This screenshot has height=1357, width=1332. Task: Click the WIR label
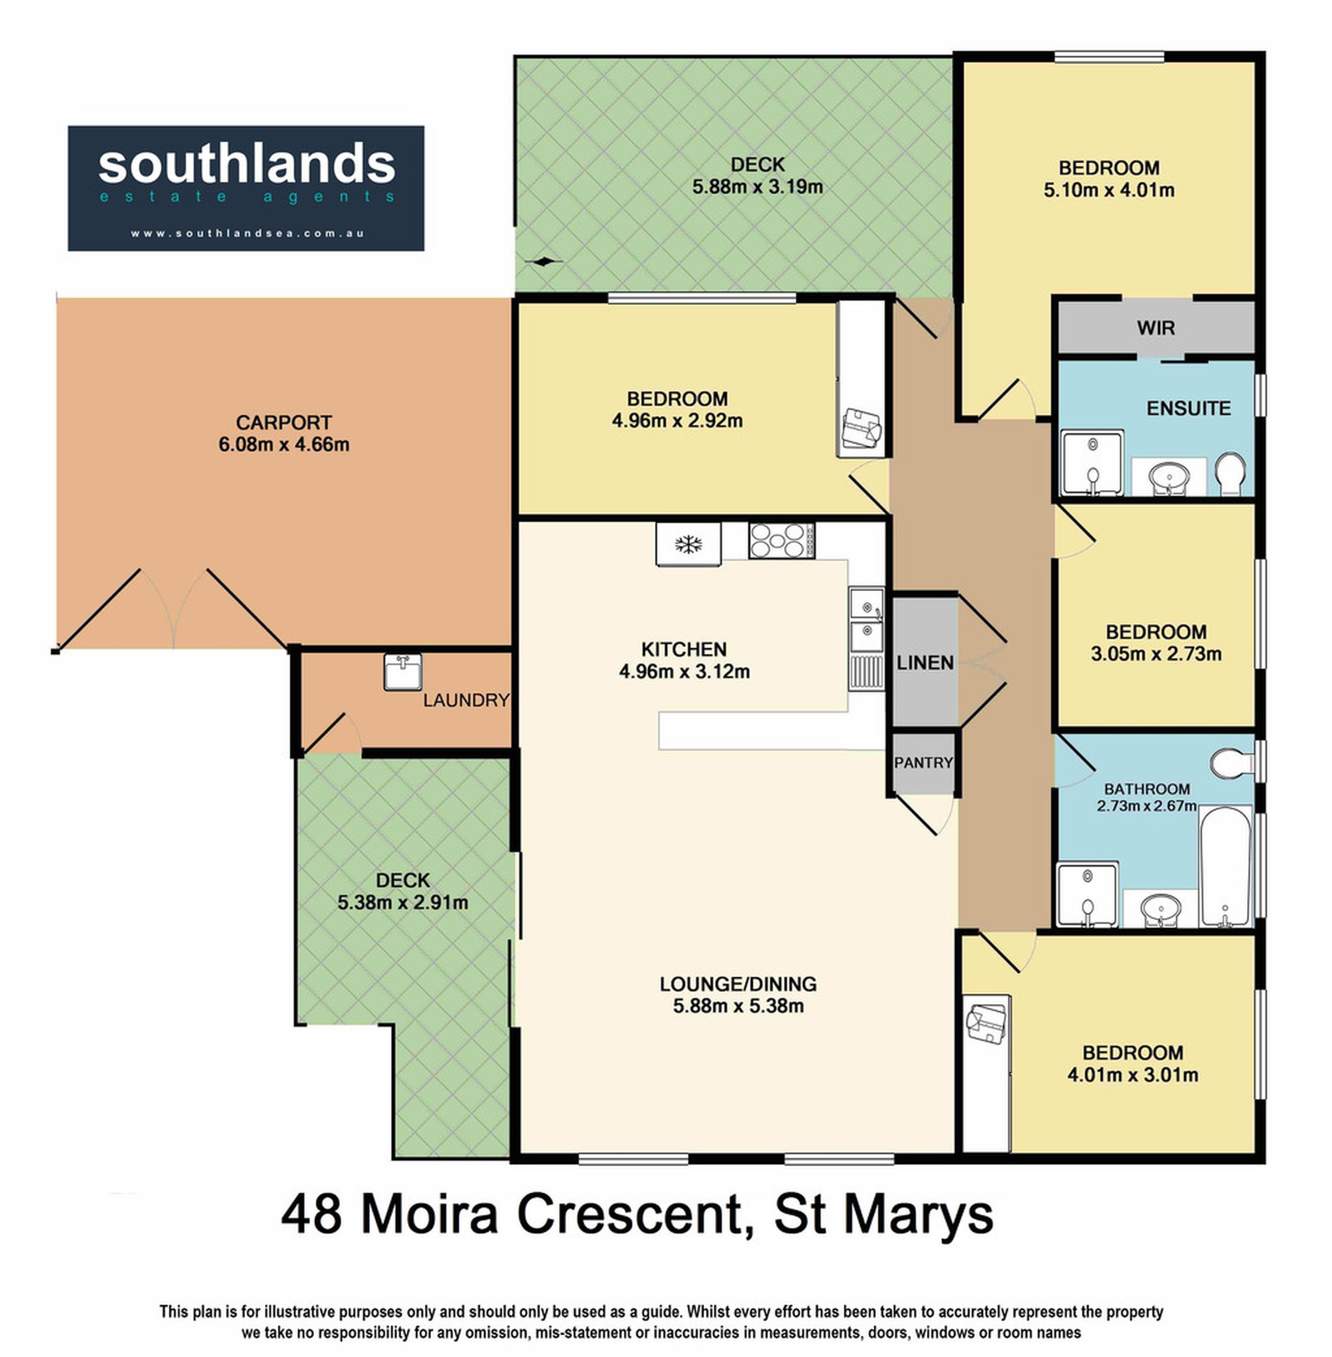[x=1156, y=327]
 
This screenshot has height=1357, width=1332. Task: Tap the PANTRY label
[x=924, y=763]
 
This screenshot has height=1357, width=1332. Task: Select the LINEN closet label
[x=925, y=663]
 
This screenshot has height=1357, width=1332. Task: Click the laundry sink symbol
[x=403, y=672]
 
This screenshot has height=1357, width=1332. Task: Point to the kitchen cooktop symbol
[x=781, y=541]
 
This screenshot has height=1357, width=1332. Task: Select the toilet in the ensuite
[x=1230, y=473]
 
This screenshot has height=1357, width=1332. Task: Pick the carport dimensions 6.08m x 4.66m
[x=284, y=444]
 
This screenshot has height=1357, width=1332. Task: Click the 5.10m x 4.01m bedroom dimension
[x=1109, y=190]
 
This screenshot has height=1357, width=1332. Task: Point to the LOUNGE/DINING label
[x=738, y=983]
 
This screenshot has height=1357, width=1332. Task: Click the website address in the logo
[x=247, y=234]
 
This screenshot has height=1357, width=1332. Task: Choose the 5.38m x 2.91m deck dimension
[x=403, y=902]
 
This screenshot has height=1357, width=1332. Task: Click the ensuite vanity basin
[x=1169, y=478]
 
